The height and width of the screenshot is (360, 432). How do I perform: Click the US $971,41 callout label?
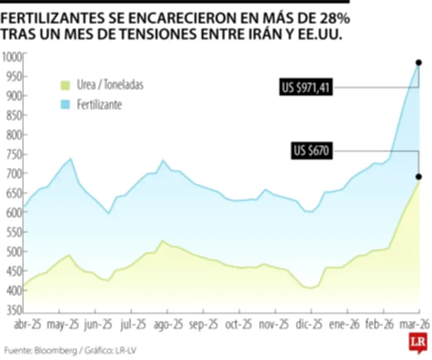pyautogui.click(x=305, y=87)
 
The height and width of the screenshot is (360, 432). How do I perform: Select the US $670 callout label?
pyautogui.click(x=312, y=152)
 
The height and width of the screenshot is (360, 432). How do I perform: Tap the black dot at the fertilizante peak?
pyautogui.click(x=418, y=63)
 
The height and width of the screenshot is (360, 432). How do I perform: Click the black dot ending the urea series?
pyautogui.click(x=418, y=177)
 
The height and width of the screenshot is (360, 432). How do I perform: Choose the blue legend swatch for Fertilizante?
pyautogui.click(x=65, y=105)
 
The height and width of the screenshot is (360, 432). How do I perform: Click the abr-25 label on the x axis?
pyautogui.click(x=28, y=325)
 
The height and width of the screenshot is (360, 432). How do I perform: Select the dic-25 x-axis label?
pyautogui.click(x=309, y=325)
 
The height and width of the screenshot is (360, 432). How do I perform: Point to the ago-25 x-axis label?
pyautogui.click(x=167, y=325)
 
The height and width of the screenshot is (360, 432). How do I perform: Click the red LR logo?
pyautogui.click(x=416, y=343)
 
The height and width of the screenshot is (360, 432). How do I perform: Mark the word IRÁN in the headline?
pyautogui.click(x=263, y=34)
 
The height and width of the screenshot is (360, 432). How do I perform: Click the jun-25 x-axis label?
pyautogui.click(x=98, y=325)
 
